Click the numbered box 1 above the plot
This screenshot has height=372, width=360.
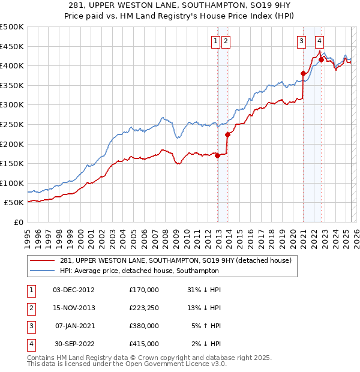click(215, 41)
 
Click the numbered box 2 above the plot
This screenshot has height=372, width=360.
click(226, 41)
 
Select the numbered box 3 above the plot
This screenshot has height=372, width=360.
click(301, 41)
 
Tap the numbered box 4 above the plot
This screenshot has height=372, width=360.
click(319, 41)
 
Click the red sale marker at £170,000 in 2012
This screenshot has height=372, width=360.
click(217, 156)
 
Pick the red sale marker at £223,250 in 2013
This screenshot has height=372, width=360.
click(227, 135)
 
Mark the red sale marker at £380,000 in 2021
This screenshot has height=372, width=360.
click(303, 74)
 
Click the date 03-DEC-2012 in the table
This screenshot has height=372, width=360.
click(74, 290)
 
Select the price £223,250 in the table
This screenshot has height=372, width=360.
click(144, 308)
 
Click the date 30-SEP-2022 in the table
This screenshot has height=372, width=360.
click(74, 344)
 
